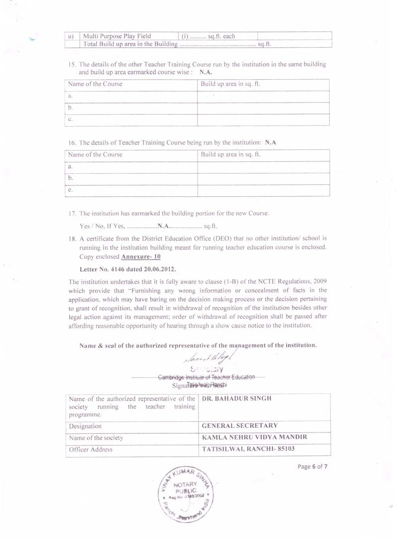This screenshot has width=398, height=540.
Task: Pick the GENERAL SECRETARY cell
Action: (x=240, y=426)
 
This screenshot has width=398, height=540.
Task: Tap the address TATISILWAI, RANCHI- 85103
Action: (x=249, y=449)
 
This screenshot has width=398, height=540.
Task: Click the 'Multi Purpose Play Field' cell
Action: (x=117, y=36)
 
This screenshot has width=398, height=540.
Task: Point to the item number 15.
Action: (x=72, y=65)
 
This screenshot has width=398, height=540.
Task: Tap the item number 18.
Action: (x=72, y=239)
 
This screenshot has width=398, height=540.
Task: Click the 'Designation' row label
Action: (x=85, y=426)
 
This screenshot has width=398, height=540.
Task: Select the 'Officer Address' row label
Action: (x=91, y=449)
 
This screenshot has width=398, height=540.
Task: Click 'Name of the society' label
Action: (x=96, y=438)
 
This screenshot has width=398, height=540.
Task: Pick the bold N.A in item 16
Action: (x=271, y=142)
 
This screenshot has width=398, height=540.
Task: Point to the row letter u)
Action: (x=71, y=36)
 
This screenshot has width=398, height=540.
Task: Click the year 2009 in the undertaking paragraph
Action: (x=319, y=282)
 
